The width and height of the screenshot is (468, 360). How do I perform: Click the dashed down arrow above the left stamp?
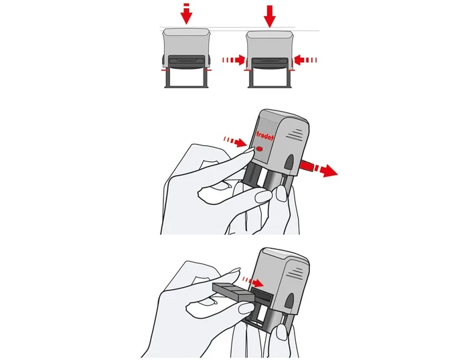(x=187, y=14)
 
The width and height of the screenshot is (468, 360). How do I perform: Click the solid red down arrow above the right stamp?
(x=270, y=16)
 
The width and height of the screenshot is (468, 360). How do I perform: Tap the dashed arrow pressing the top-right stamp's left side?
(x=234, y=60)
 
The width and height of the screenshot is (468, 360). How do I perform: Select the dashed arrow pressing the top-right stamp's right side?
(x=305, y=60)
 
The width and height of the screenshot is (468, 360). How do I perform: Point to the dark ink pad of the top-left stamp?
(x=187, y=62)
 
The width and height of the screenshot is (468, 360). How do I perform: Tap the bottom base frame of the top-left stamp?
(x=187, y=78)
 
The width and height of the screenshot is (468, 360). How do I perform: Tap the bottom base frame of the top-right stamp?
(x=270, y=79)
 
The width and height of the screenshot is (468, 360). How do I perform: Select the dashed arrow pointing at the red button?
(x=235, y=141)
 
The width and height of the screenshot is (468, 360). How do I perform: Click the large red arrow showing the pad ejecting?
(x=319, y=169)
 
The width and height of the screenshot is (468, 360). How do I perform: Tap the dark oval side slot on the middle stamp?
(x=289, y=163)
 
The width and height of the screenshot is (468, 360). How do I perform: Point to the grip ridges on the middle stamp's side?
(x=294, y=134)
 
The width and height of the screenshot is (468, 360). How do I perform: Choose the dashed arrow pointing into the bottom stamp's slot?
(x=253, y=281)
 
